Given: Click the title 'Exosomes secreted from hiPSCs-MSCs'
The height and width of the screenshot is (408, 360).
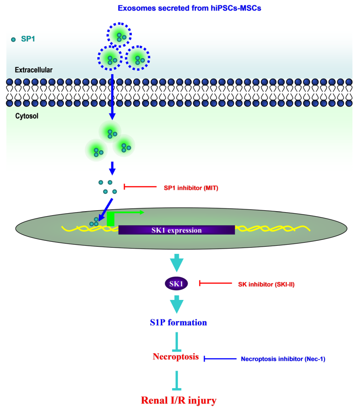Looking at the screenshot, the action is [x=189, y=8].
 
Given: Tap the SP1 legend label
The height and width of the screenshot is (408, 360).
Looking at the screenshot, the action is [x=28, y=39].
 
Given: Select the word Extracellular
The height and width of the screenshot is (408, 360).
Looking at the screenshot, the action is [x=33, y=70].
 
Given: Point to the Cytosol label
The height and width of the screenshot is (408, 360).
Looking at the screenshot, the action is [x=27, y=116].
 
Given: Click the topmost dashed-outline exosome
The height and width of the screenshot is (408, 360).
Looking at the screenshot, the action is [x=119, y=34].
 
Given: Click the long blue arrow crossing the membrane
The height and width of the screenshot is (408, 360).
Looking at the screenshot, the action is [x=112, y=97].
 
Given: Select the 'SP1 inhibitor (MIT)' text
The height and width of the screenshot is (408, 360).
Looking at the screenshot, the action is [x=191, y=188].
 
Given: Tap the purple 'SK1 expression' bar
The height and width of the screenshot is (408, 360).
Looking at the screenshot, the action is [x=177, y=230].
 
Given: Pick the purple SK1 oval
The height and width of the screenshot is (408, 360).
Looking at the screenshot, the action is [x=176, y=283].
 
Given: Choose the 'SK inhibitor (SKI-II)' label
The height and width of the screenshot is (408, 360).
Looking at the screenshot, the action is [x=266, y=284].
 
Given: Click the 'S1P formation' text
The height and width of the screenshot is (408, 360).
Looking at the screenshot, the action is [x=178, y=323].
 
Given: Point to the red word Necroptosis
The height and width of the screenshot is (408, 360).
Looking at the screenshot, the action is [x=176, y=357].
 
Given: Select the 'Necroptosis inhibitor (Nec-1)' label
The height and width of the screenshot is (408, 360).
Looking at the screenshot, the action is [x=283, y=359].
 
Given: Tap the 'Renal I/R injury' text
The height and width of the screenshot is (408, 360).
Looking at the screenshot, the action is [x=179, y=400].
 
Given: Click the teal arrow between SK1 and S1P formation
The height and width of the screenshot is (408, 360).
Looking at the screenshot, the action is [x=177, y=304].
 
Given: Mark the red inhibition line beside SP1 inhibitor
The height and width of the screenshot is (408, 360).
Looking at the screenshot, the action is [x=140, y=187].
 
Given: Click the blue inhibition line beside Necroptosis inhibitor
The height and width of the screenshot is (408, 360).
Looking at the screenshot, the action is [x=220, y=359].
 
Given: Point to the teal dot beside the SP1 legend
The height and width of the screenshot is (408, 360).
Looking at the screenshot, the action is [x=13, y=40].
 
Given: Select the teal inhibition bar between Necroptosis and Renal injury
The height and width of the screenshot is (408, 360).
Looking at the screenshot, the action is [x=177, y=380].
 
